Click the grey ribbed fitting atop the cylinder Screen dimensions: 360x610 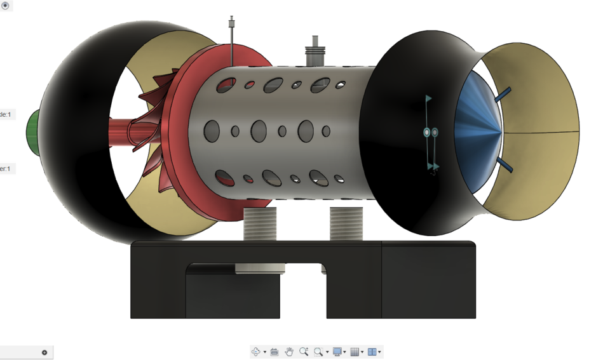(x=313, y=53)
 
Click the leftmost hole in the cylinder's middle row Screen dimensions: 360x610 (x=212, y=131)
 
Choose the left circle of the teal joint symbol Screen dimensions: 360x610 (x=427, y=132)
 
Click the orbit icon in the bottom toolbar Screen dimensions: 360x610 (x=256, y=352)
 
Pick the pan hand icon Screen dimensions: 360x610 (x=289, y=352)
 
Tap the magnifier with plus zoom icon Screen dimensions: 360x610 (x=304, y=352)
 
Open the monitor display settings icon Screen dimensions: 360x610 (x=337, y=352)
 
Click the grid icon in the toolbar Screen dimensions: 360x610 (x=355, y=352)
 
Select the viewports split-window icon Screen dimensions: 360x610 (x=372, y=352)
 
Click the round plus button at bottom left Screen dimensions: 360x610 (x=44, y=352)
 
